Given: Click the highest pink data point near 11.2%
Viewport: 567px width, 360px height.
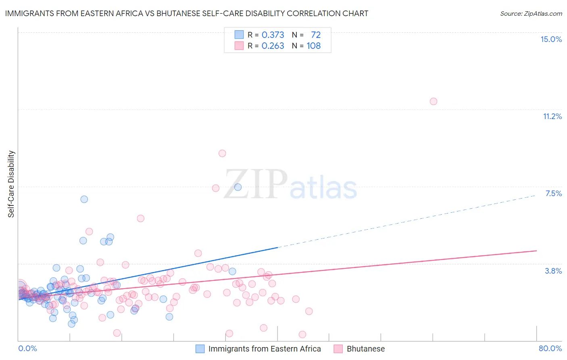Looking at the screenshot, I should pyautogui.click(x=433, y=101).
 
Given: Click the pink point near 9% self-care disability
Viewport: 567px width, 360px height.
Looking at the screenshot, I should pyautogui.click(x=222, y=153).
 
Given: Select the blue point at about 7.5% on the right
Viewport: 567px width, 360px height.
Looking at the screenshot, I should pyautogui.click(x=238, y=187).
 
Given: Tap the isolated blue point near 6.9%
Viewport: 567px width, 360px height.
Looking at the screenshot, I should pyautogui.click(x=84, y=199).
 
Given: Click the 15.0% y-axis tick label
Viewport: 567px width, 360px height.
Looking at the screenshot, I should pyautogui.click(x=551, y=39).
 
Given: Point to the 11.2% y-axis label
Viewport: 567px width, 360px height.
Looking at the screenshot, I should pyautogui.click(x=552, y=116).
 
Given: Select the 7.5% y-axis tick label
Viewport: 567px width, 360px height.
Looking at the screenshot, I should pyautogui.click(x=553, y=193).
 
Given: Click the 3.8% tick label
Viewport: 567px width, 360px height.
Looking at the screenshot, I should pyautogui.click(x=553, y=271).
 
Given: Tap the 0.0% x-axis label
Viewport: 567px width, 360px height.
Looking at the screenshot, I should pyautogui.click(x=27, y=348).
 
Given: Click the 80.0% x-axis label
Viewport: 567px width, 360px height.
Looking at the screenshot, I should pyautogui.click(x=550, y=348).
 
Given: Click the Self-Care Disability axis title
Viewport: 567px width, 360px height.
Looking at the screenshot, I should pyautogui.click(x=11, y=184).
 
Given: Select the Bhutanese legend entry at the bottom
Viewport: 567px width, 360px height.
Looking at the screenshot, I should pyautogui.click(x=365, y=349).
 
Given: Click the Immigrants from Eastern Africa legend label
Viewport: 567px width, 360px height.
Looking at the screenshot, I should pyautogui.click(x=265, y=349).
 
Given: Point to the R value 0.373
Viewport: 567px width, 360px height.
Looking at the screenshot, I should pyautogui.click(x=273, y=35).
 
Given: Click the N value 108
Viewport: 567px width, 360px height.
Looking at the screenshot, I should pyautogui.click(x=314, y=46).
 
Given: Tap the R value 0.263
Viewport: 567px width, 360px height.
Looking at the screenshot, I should pyautogui.click(x=273, y=46).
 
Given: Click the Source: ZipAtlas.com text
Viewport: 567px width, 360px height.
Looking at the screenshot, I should pyautogui.click(x=531, y=13).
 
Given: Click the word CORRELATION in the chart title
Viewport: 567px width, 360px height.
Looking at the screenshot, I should pyautogui.click(x=314, y=13).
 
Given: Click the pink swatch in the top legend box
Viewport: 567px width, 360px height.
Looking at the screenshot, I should pyautogui.click(x=239, y=46).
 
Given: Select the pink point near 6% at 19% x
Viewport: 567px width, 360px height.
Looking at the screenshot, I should pyautogui.click(x=140, y=218).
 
